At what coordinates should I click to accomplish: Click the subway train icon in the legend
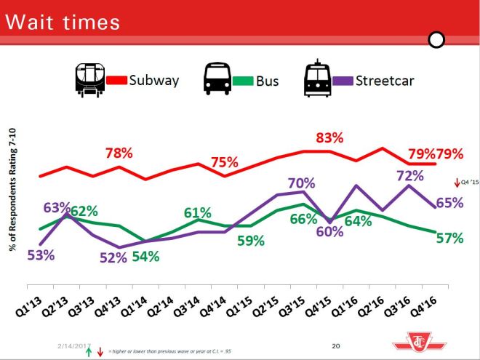coord(89,79)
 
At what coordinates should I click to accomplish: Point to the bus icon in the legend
coord(217,79)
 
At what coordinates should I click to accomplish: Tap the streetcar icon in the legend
coord(317,79)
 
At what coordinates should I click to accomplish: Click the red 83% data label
coord(329,138)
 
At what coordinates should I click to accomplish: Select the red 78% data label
coord(119,153)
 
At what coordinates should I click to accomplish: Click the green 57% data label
coord(449,238)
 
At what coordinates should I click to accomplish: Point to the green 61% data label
coord(197,213)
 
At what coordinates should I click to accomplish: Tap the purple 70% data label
coord(300,183)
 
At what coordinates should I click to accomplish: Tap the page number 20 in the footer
coord(336,345)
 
